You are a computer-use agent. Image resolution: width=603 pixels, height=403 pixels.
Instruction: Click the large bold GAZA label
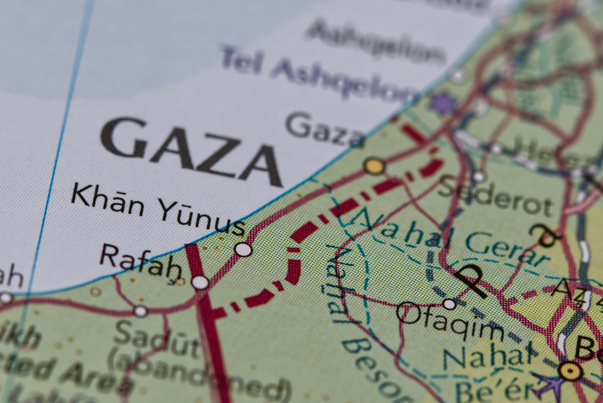pyautogui.click(x=191, y=152)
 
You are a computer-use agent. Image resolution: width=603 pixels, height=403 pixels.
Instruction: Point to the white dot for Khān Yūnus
pyautogui.click(x=243, y=249)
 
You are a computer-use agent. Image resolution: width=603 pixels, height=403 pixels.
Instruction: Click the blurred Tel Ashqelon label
pyautogui.click(x=318, y=74)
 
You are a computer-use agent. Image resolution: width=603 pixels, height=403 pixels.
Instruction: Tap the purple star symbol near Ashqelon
pyautogui.click(x=443, y=103)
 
